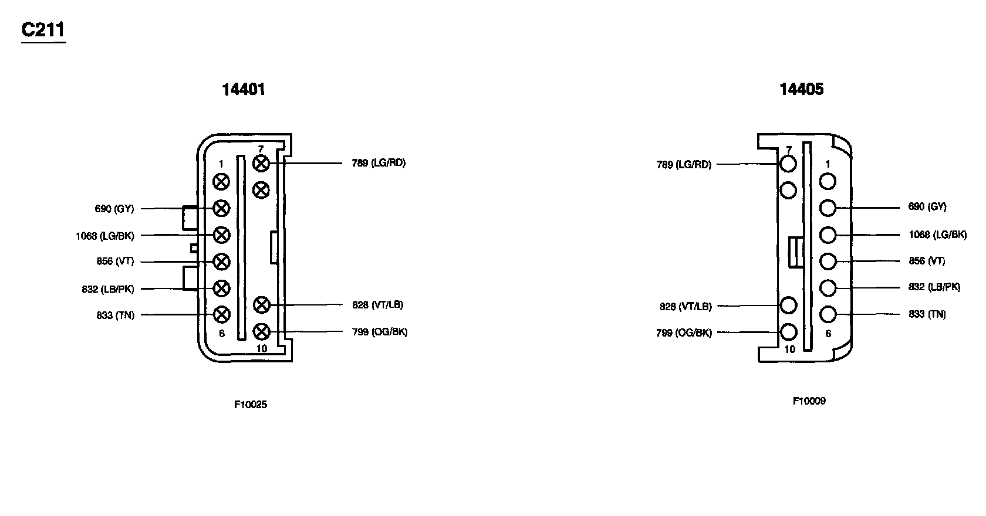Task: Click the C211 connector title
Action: [x=43, y=30]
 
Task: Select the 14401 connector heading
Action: [x=244, y=89]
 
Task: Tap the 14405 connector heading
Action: [x=801, y=89]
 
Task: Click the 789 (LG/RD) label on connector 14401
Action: [x=379, y=163]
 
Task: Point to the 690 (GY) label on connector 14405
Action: [x=927, y=206]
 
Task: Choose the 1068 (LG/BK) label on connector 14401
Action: [x=105, y=236]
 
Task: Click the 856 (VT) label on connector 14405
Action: [x=927, y=261]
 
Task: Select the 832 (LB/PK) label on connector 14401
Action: [x=108, y=289]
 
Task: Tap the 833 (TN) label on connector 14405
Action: [x=927, y=314]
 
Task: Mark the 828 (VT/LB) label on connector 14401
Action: [x=377, y=305]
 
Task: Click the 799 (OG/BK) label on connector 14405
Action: [x=684, y=333]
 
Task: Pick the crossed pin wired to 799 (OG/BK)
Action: [x=261, y=332]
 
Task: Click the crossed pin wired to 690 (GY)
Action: [x=221, y=208]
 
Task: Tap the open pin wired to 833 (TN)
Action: [x=828, y=314]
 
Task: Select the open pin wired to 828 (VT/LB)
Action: [x=789, y=305]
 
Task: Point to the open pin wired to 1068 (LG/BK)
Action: [x=828, y=235]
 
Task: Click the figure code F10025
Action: [x=251, y=404]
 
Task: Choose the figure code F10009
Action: [x=809, y=401]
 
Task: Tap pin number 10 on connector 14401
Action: [x=262, y=348]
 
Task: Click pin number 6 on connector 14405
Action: [x=828, y=334]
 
